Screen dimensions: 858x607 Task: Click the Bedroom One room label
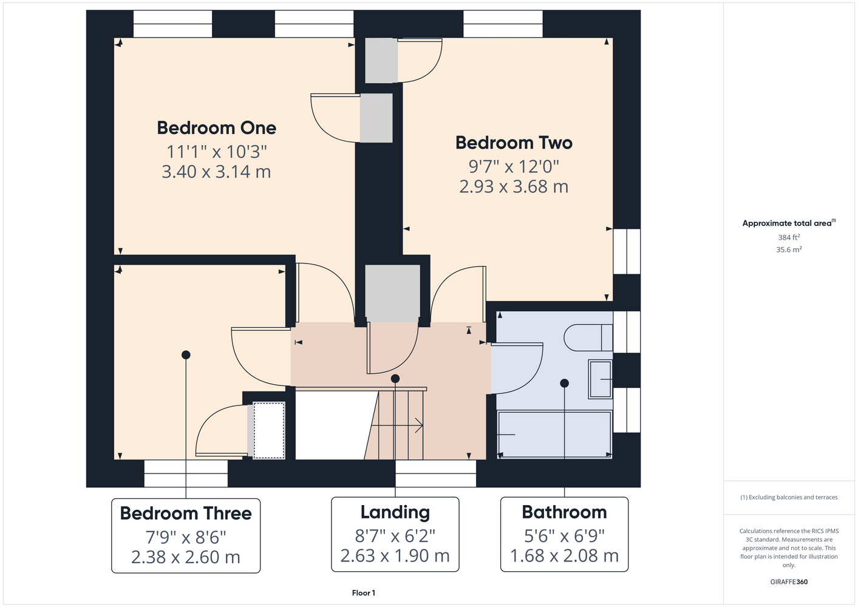click(x=216, y=128)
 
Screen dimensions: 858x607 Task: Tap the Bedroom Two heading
click(x=514, y=143)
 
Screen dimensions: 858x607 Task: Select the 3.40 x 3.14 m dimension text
click(x=216, y=172)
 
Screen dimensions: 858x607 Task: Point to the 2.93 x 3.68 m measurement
click(x=514, y=186)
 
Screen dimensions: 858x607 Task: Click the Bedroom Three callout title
click(x=186, y=513)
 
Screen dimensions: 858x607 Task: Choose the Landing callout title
click(x=395, y=512)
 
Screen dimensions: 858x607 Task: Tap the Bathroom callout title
click(x=564, y=512)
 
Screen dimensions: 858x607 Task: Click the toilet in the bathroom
click(x=588, y=337)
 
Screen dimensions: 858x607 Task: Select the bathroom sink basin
click(x=600, y=379)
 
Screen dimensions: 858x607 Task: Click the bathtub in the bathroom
click(x=554, y=434)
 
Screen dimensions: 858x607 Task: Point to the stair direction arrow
click(x=397, y=426)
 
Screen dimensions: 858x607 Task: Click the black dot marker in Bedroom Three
click(x=186, y=355)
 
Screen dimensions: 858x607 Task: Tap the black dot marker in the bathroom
click(x=564, y=383)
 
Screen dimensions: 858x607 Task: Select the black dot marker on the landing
click(x=395, y=379)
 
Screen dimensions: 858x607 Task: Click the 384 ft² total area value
click(x=789, y=237)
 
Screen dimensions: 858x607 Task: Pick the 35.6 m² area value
click(x=789, y=249)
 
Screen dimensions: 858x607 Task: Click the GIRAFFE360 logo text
click(x=789, y=582)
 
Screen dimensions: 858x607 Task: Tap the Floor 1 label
click(x=364, y=593)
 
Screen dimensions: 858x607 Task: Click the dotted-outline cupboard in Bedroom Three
click(x=269, y=430)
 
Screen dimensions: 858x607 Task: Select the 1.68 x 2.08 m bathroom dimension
click(x=564, y=555)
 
